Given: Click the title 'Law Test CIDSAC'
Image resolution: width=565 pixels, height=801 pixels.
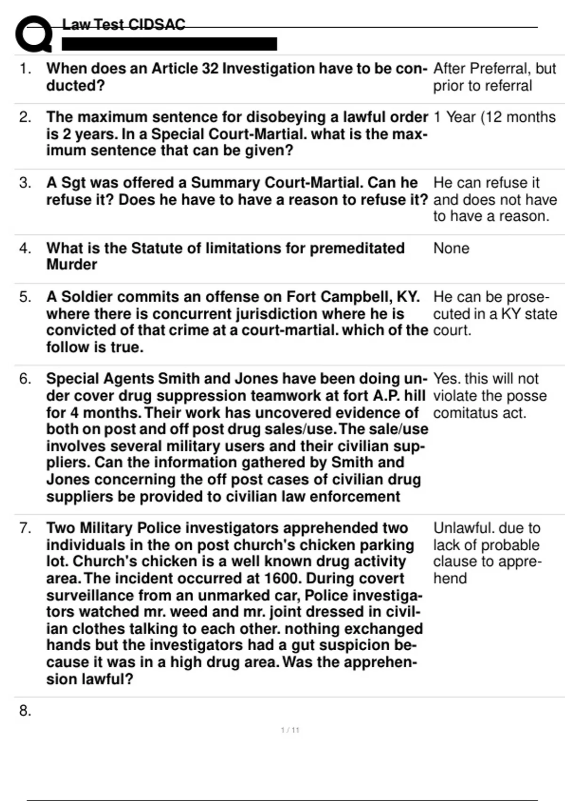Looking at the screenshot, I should tap(124, 25).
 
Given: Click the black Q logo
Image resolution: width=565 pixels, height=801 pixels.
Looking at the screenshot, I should tap(33, 34).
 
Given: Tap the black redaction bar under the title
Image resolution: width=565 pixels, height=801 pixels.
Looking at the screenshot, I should tap(169, 44).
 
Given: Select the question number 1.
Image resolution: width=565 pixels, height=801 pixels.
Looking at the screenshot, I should tap(25, 69).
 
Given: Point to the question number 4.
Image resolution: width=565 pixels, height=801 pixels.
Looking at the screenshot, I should tap(25, 248).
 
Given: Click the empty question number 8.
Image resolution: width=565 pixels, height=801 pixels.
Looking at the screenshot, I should tap(25, 711).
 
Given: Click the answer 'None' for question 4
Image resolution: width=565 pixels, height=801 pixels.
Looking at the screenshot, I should tap(451, 248).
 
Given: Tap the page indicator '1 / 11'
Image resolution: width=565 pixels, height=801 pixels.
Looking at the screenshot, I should tap(290, 730).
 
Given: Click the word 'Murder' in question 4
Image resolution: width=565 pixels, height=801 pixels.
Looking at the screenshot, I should tap(72, 265).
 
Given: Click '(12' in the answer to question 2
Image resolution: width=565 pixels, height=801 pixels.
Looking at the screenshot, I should tap(495, 117).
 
